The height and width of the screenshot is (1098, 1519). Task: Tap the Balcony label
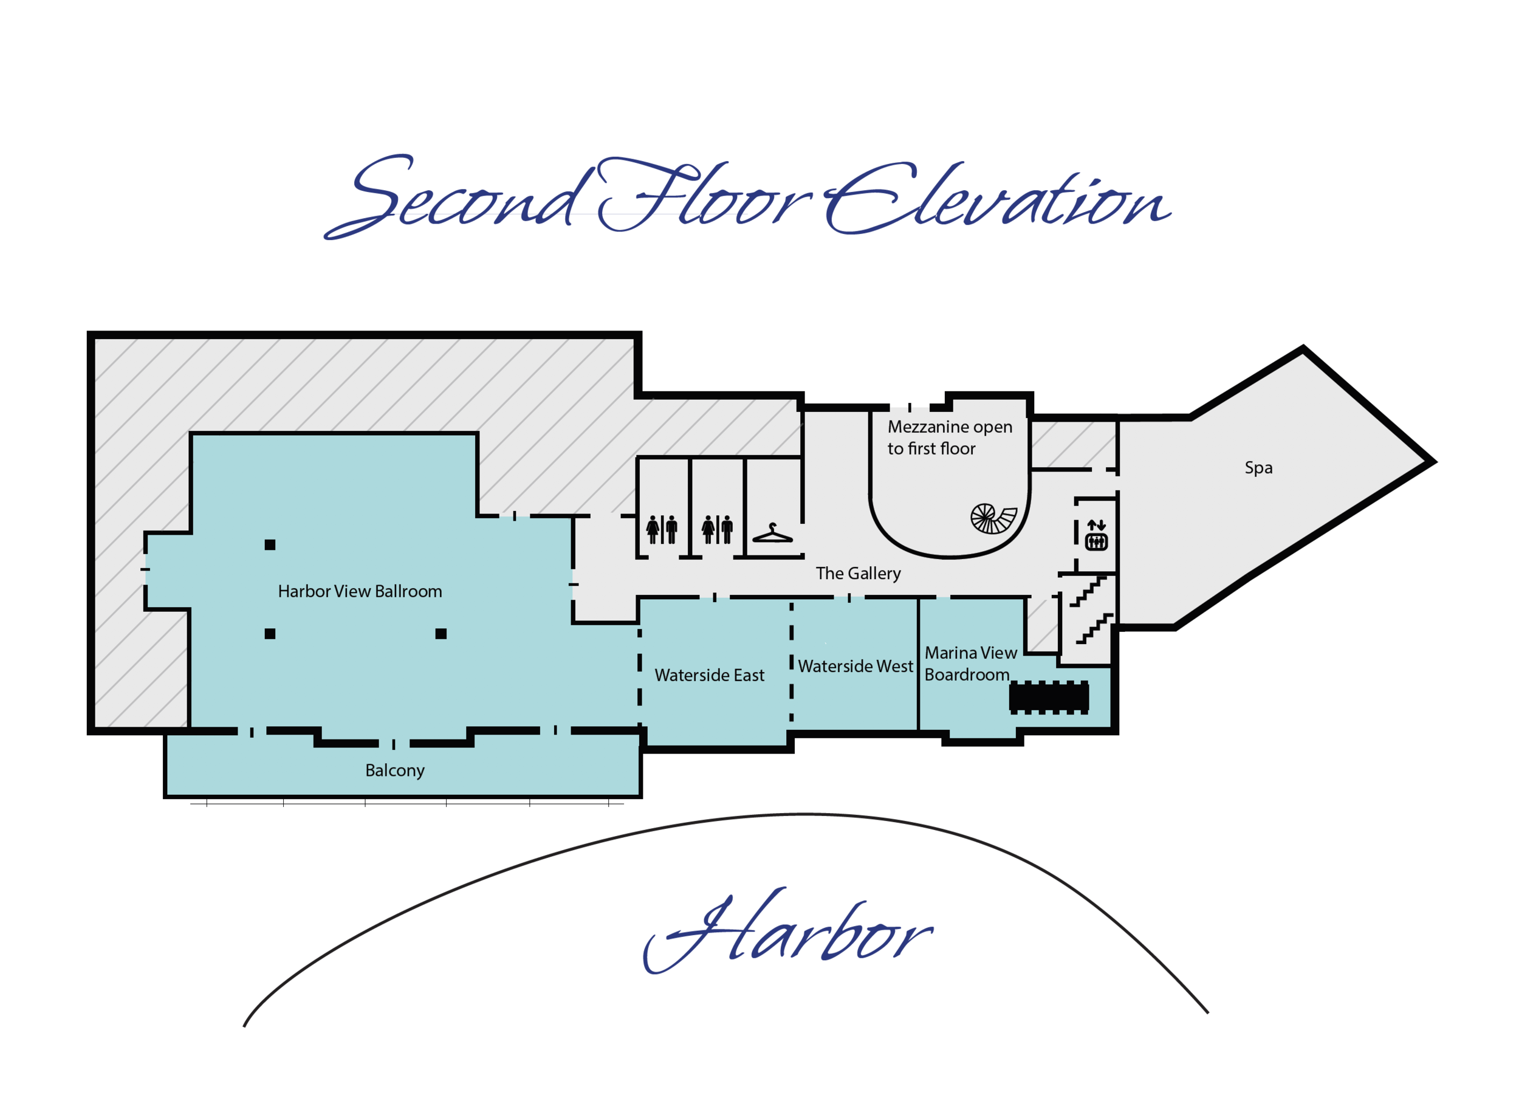click(x=394, y=770)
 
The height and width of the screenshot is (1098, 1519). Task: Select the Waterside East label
click(x=709, y=675)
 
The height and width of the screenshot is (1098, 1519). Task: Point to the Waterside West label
click(x=856, y=667)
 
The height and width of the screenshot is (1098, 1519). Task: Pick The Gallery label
click(x=858, y=574)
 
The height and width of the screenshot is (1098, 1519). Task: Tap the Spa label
click(x=1258, y=468)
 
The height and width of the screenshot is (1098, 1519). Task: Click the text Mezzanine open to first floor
click(x=950, y=437)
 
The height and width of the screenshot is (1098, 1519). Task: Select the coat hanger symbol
click(x=772, y=534)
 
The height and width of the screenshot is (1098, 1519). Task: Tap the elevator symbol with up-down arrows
click(x=1096, y=535)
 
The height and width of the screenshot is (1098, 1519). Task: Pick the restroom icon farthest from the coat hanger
click(x=662, y=530)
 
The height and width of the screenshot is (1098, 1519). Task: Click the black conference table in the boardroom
click(x=1049, y=698)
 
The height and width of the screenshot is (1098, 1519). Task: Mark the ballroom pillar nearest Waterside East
click(x=441, y=634)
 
